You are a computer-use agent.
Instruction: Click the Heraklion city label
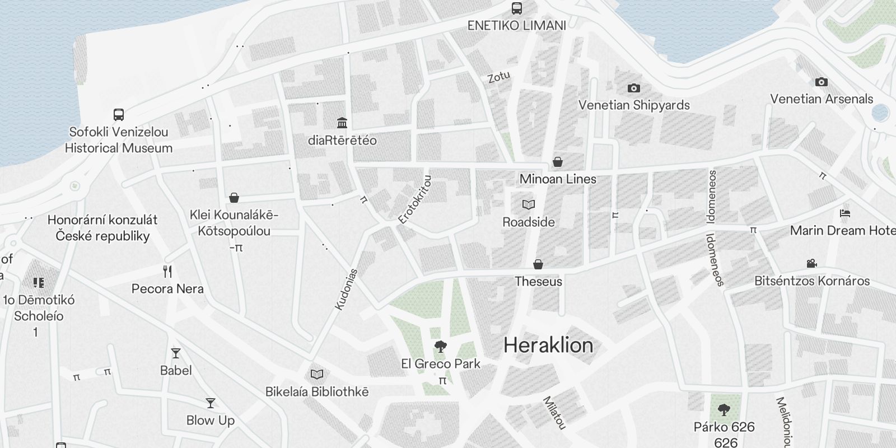(x=548, y=345)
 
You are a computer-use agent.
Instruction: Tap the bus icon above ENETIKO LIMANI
(x=516, y=8)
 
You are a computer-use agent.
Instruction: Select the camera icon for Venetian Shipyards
(x=633, y=88)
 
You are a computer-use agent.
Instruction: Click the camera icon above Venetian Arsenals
(x=821, y=82)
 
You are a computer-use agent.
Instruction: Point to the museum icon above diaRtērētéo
(x=342, y=123)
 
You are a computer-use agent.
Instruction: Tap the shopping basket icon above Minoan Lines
(x=558, y=162)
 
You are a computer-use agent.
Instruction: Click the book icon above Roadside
(x=528, y=204)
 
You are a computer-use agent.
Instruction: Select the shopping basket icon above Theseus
(x=538, y=264)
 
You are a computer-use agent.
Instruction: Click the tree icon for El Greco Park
(x=441, y=347)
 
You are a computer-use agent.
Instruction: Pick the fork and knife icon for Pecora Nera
(x=167, y=272)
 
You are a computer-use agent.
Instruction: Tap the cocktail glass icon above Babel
(x=176, y=353)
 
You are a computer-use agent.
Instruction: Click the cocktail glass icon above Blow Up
(x=210, y=403)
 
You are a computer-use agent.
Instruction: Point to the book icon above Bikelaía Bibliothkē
(x=317, y=374)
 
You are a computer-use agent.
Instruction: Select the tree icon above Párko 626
(x=724, y=410)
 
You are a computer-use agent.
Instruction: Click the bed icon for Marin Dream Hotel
(x=845, y=213)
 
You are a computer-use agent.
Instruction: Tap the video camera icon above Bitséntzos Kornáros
(x=811, y=263)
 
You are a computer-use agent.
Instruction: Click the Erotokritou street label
(x=415, y=200)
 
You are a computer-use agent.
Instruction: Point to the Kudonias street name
(x=346, y=289)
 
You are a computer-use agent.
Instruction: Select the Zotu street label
(x=498, y=76)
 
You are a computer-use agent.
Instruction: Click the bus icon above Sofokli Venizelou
(x=118, y=115)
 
